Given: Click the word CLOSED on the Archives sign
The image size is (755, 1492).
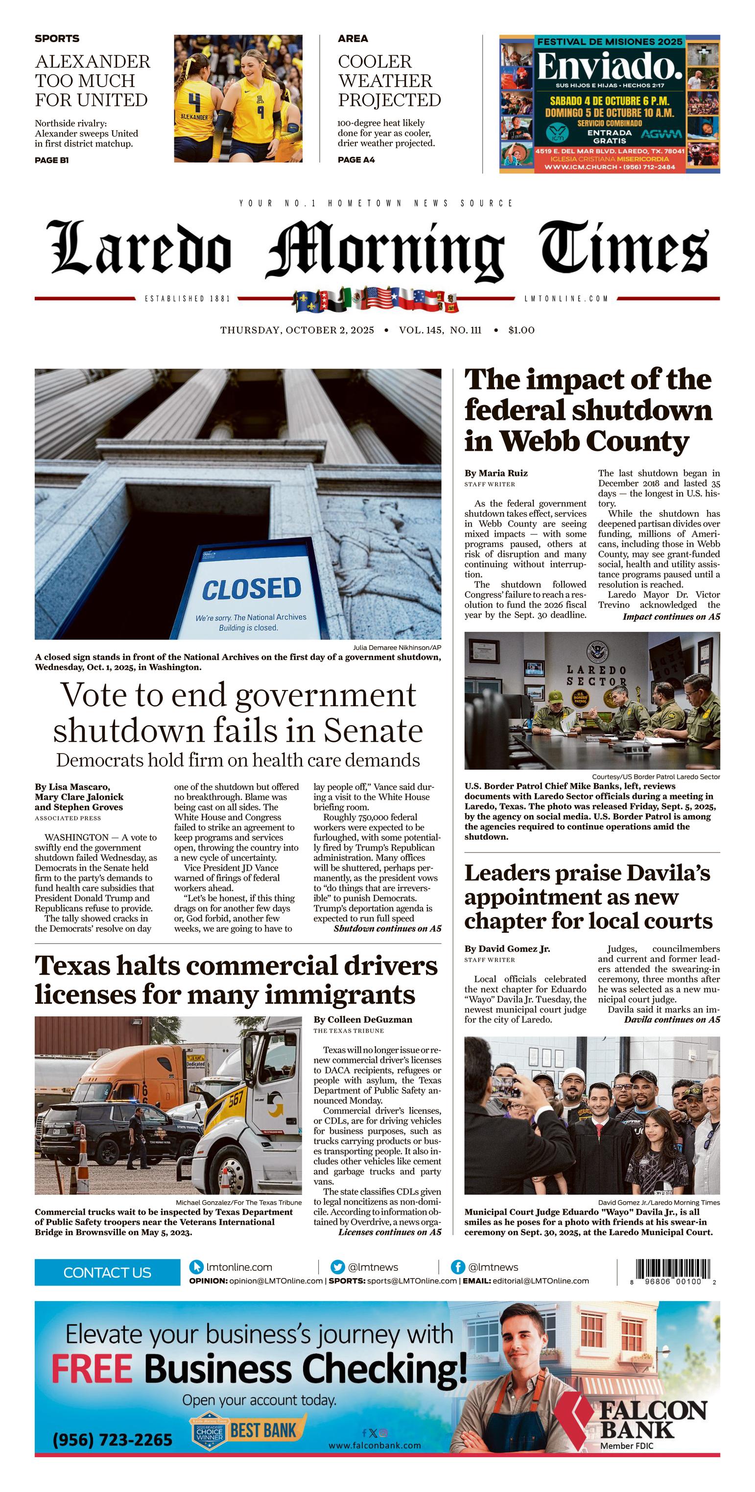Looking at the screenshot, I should click(252, 589).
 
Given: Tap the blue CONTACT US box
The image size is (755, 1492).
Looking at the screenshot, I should click(107, 1272).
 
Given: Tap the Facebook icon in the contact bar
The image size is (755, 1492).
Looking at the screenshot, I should click(457, 1267).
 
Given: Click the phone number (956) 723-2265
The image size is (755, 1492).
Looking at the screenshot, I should click(113, 1439).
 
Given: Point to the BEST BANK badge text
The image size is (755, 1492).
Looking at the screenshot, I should click(263, 1430).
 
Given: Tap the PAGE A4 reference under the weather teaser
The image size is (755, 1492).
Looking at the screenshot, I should click(356, 160).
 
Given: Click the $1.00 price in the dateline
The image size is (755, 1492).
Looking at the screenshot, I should click(521, 330).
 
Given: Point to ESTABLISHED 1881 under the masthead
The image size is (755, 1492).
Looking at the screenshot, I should click(187, 299).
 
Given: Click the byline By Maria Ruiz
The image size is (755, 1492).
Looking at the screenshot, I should click(496, 473).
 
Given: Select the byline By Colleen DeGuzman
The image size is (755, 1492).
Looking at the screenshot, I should click(363, 1019).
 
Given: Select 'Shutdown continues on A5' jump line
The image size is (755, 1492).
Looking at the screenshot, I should click(387, 928).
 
